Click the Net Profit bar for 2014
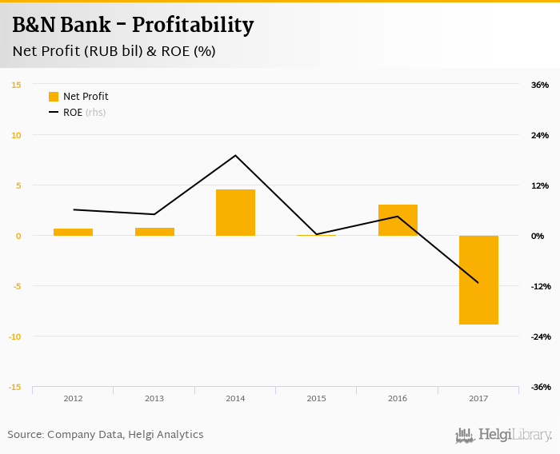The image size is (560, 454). [x=235, y=213]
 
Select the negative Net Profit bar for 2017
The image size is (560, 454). [x=478, y=280]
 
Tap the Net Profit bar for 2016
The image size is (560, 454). [x=398, y=220]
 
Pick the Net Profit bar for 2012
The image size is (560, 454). [x=73, y=232]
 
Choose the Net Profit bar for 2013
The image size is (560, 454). [x=154, y=232]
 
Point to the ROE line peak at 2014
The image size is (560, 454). [x=235, y=155]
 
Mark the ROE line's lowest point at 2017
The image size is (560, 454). [x=478, y=282]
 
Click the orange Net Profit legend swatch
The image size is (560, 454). [x=54, y=97]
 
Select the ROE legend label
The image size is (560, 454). [x=73, y=113]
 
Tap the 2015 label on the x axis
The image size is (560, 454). [x=316, y=398]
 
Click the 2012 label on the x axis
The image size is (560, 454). [x=73, y=398]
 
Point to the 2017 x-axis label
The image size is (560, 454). [x=478, y=398]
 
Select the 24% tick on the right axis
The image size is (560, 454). [x=540, y=135]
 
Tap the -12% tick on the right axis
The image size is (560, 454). [x=540, y=286]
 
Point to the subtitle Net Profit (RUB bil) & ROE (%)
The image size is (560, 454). [x=114, y=52]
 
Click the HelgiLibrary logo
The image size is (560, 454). [x=504, y=435]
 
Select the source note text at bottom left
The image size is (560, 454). [x=106, y=435]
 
